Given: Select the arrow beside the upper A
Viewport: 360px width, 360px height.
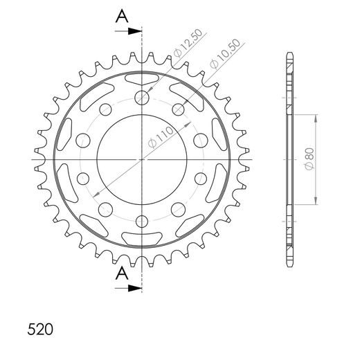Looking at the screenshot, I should pos(129,31).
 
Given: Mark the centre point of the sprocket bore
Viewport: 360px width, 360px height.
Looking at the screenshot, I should pos(142,159).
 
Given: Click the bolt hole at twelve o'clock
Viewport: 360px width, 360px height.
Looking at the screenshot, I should pos(142,96).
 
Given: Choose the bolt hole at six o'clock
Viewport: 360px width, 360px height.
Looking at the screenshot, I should pos(142,222).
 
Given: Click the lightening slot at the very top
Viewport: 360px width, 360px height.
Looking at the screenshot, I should pos(142,76).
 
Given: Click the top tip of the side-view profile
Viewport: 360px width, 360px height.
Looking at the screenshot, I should pos(287,53).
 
